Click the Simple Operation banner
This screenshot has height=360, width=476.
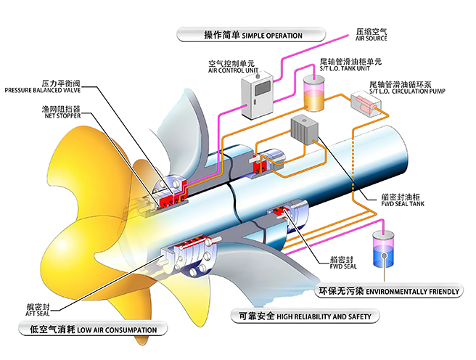(x=251, y=35)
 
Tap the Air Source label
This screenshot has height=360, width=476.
(x=372, y=35)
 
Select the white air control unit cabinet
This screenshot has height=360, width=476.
(x=257, y=94)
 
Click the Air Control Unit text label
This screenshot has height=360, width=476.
(x=231, y=67)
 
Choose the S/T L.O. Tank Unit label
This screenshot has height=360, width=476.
(x=350, y=65)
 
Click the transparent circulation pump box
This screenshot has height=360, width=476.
(x=366, y=102)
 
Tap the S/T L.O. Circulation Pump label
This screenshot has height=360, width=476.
(x=407, y=87)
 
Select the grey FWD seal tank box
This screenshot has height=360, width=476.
(x=305, y=131)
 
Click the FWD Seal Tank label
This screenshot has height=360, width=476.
(x=403, y=200)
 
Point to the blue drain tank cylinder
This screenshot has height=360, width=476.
(x=383, y=250)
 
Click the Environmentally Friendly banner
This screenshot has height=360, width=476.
(x=389, y=291)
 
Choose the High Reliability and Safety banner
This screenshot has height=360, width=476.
(x=305, y=316)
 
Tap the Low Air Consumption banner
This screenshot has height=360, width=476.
(x=93, y=329)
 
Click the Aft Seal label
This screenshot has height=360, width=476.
(x=38, y=310)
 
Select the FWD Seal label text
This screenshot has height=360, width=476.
(x=343, y=263)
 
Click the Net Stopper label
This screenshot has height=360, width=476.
(x=62, y=112)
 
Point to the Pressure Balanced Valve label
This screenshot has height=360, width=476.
(x=43, y=86)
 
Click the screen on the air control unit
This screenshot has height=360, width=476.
(x=262, y=89)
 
